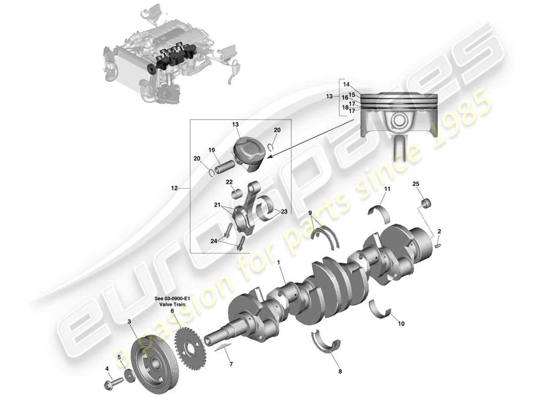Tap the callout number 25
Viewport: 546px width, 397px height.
[x=416, y=185]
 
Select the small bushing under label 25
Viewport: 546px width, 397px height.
[x=426, y=203]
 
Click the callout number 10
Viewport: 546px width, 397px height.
[x=401, y=324]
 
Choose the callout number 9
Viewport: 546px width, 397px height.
[x=311, y=213]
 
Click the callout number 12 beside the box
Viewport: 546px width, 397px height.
[x=174, y=189]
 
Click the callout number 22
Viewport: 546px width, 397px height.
[x=229, y=182]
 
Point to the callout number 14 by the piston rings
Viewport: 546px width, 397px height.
[x=346, y=84]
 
